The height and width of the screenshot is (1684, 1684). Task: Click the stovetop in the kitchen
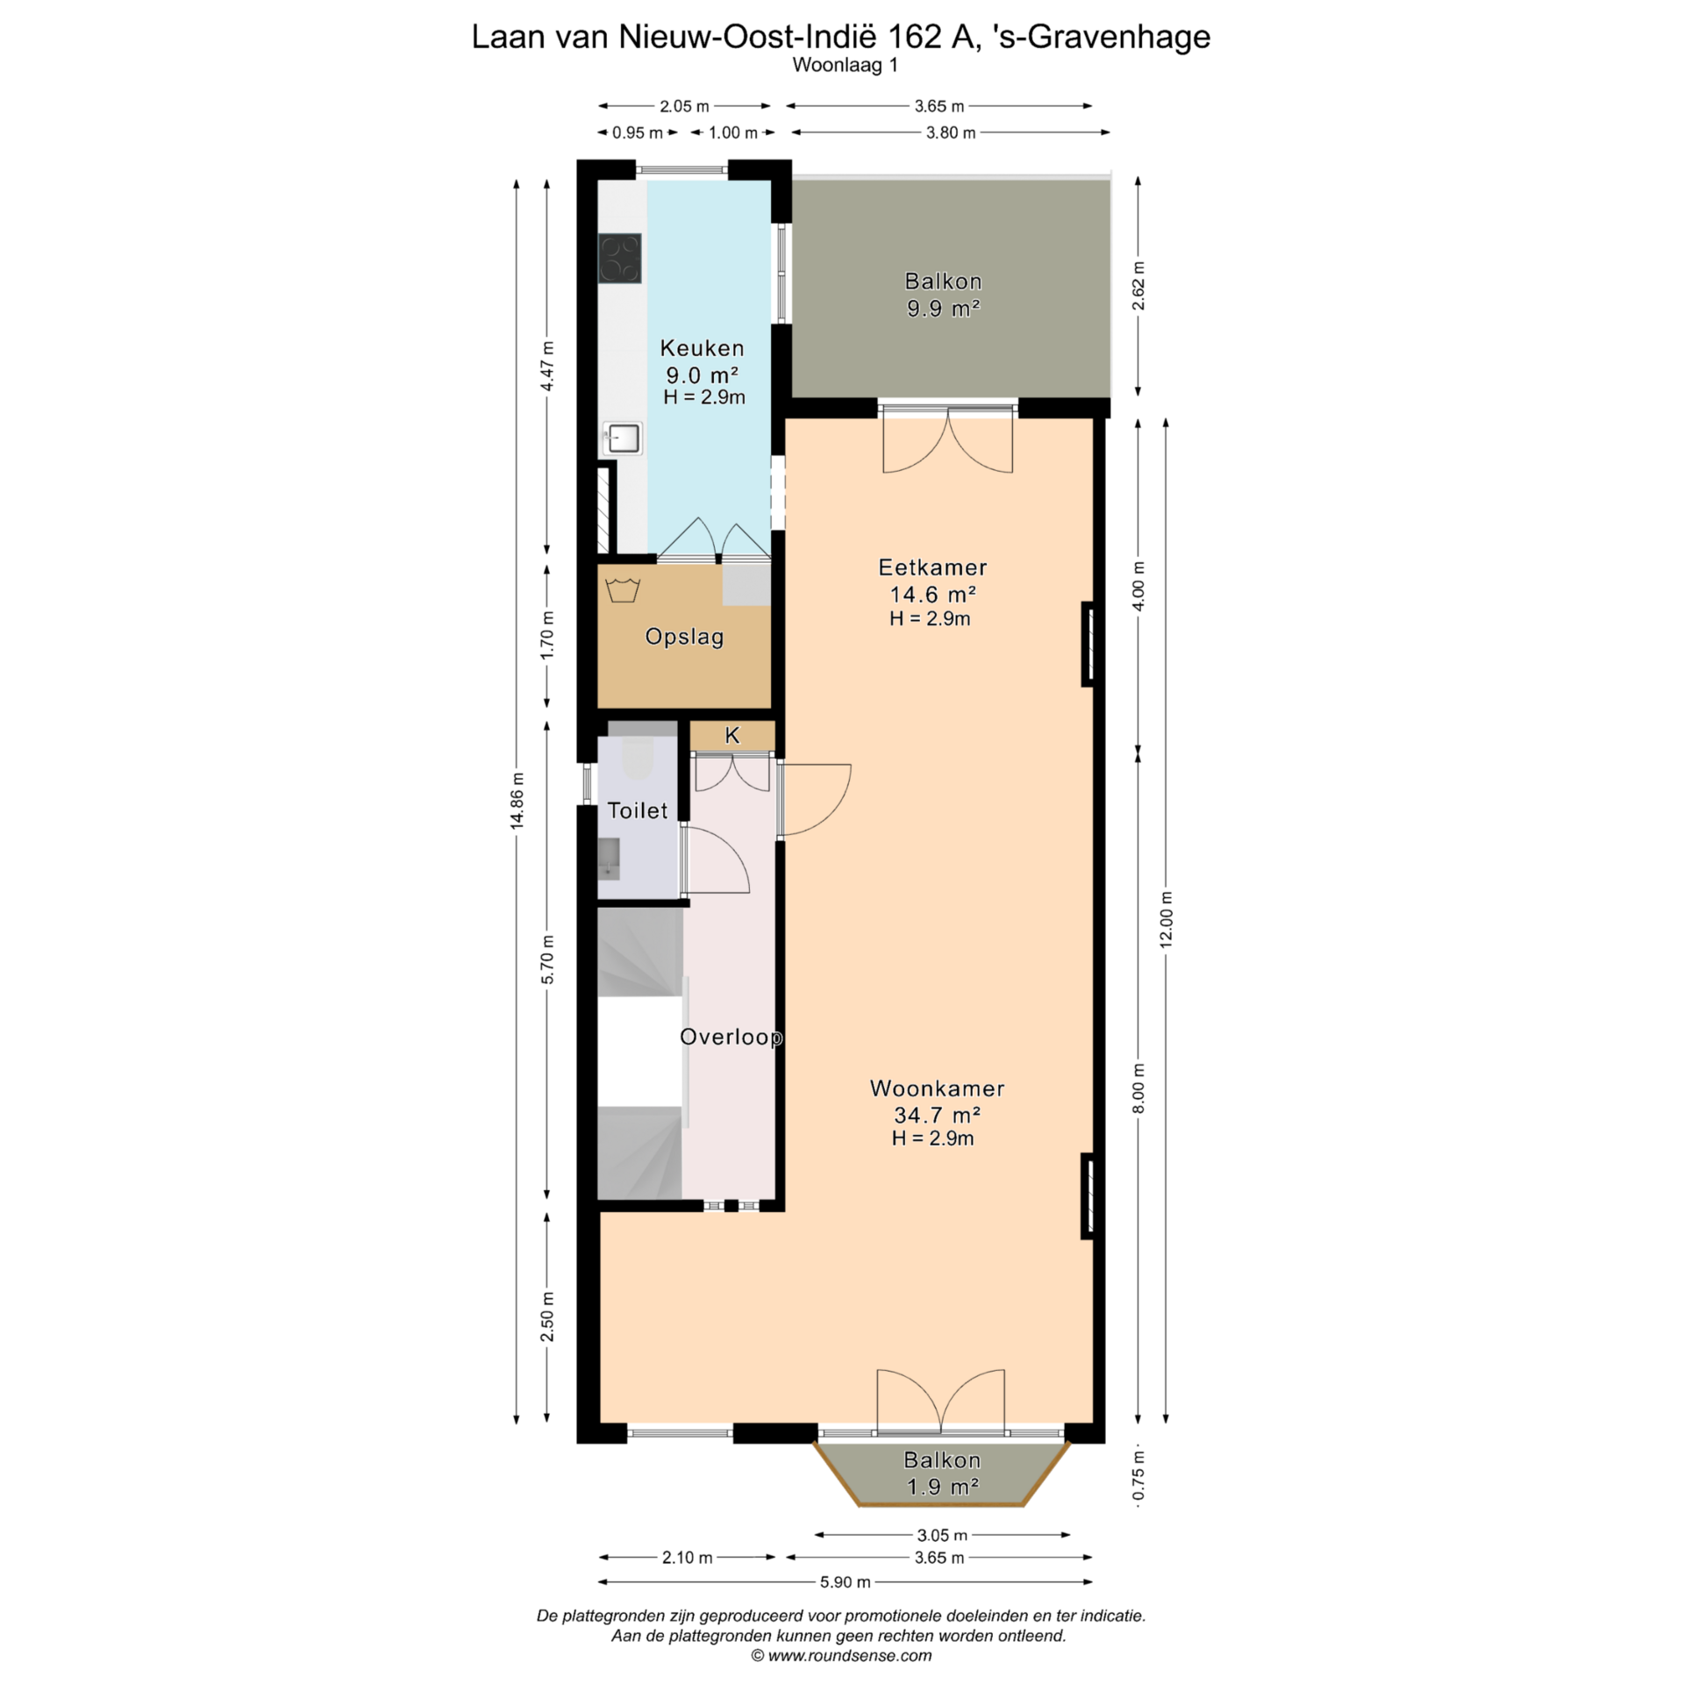[x=620, y=259]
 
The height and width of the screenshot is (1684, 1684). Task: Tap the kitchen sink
[x=623, y=438]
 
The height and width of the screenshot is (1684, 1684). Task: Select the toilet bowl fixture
[x=637, y=759]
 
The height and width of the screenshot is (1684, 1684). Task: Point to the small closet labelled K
[x=732, y=736]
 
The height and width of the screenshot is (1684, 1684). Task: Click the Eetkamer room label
[x=932, y=567]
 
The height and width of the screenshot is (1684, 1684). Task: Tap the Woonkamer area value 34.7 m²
[x=937, y=1115]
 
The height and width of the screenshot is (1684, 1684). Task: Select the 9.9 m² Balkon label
[x=943, y=295]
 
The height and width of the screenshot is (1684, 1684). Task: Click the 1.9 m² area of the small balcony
[x=942, y=1487]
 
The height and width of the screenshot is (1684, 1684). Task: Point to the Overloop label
[x=731, y=1037]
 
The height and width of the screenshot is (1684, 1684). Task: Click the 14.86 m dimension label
[x=518, y=800]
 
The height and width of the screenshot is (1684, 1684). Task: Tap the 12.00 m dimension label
[x=1166, y=919]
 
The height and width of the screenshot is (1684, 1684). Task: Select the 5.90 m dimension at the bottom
[x=846, y=1582]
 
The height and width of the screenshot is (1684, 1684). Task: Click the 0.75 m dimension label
[x=1138, y=1475]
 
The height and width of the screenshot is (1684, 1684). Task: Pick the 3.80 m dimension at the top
[x=951, y=132]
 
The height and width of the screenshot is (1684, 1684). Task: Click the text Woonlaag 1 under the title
[x=845, y=65]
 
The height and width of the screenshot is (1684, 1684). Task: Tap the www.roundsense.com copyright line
[x=841, y=1655]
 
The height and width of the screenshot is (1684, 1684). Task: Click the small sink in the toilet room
[x=609, y=858]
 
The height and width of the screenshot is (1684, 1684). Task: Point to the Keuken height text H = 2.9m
[x=704, y=397]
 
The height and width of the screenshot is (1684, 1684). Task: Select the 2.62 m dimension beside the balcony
[x=1138, y=286]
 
